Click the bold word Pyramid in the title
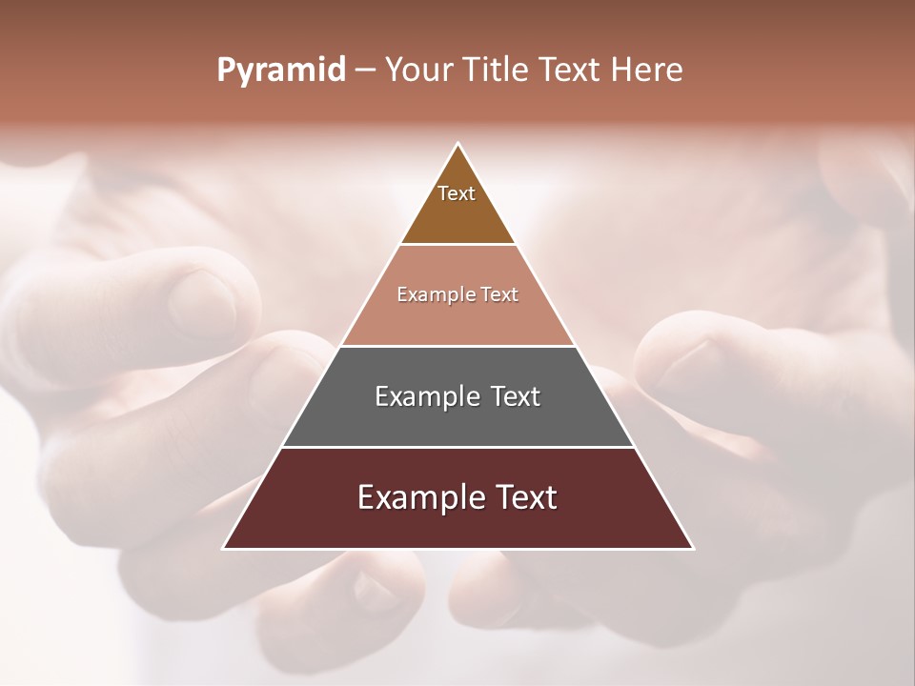(x=281, y=71)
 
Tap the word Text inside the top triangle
(x=457, y=193)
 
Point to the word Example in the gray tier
(x=424, y=396)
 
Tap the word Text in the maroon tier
(x=525, y=497)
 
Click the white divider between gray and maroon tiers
(x=457, y=447)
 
